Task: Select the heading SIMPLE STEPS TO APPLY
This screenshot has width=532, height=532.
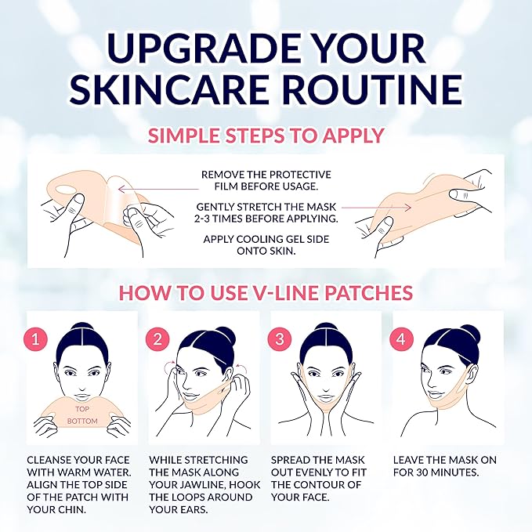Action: point(266,135)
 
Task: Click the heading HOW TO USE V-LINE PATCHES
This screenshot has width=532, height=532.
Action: point(266,293)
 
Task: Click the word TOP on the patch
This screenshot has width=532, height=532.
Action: point(83,408)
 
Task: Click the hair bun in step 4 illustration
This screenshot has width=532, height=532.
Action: point(447,333)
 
